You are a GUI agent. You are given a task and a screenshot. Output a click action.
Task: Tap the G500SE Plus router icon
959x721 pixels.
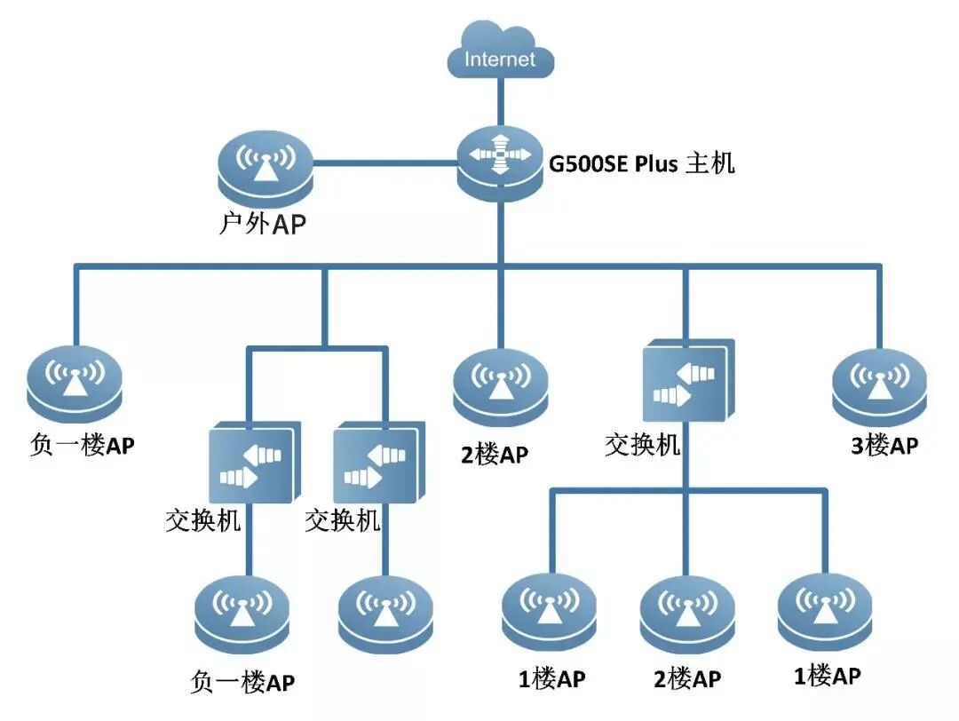coord(500,162)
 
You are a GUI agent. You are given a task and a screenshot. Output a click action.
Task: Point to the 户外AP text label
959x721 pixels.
coord(263,225)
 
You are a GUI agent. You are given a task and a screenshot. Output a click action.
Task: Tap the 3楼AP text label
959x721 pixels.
coord(884,445)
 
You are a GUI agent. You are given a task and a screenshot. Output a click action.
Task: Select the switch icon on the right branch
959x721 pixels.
coord(687,381)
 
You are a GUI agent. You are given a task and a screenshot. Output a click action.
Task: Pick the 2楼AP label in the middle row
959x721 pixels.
coord(495,456)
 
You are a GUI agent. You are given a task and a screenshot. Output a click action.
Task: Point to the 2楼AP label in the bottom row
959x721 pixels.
coord(686,679)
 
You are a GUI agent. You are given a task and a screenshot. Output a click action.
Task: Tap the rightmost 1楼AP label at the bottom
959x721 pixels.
coord(826,676)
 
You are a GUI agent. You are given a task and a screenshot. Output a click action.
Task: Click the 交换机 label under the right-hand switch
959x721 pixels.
coord(642,443)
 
